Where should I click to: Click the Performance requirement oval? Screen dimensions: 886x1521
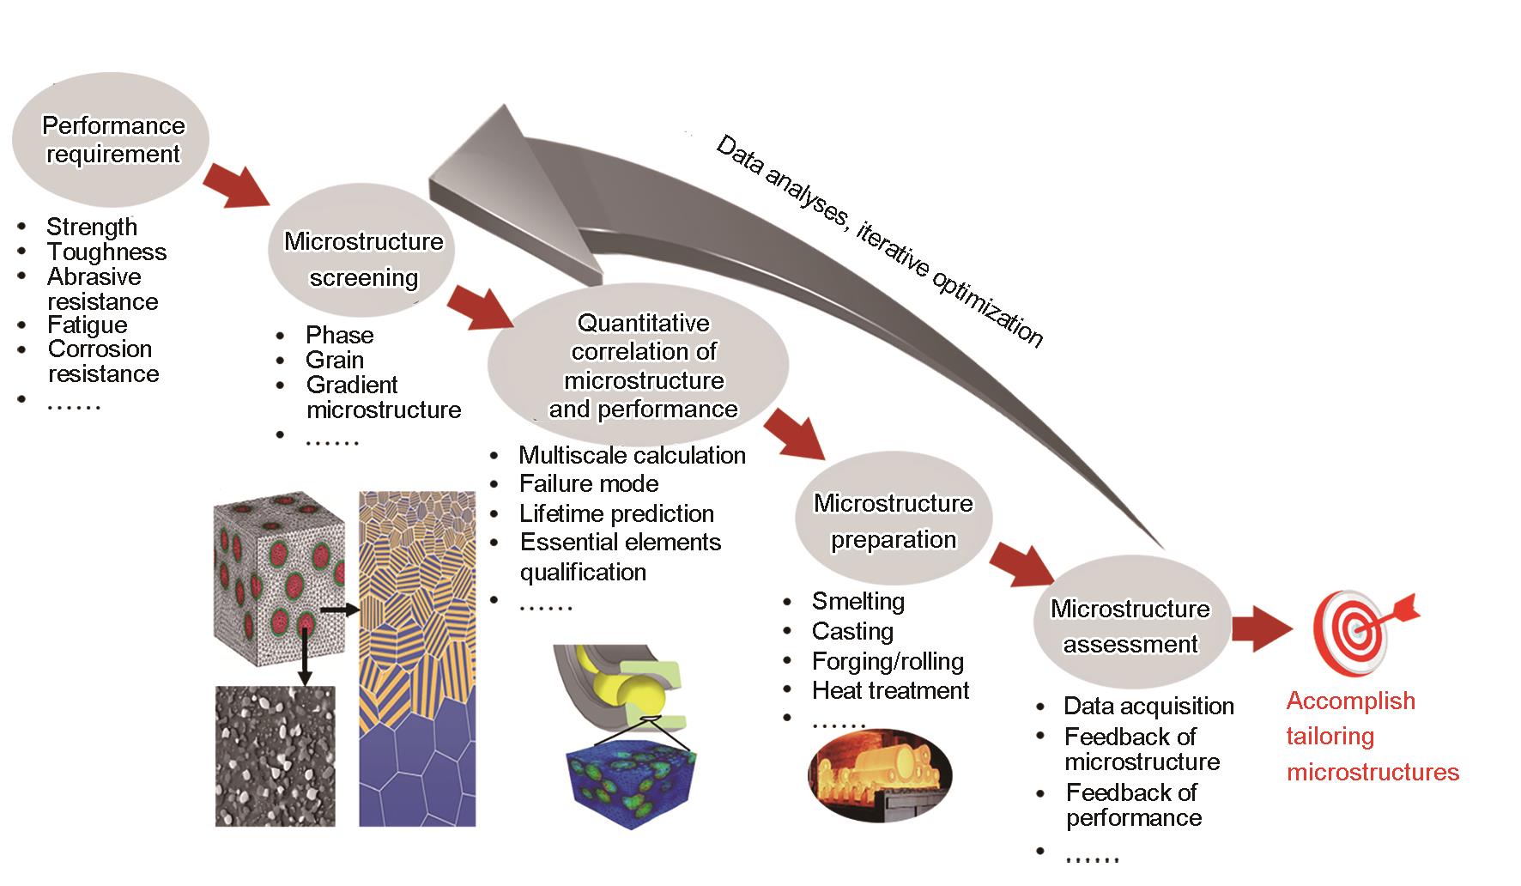point(112,139)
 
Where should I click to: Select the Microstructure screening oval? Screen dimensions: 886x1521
point(362,258)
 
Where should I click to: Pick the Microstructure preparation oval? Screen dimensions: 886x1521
point(893,520)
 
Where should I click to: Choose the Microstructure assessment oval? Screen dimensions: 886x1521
point(1130,626)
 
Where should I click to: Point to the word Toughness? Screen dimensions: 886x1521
point(106,252)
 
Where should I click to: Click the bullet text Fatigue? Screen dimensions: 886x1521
point(87,325)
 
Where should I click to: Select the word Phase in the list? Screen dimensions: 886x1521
point(339,335)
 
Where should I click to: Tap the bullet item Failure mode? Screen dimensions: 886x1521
point(589,483)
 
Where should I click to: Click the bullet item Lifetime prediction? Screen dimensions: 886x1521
point(616,513)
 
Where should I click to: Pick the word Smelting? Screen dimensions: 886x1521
point(857,601)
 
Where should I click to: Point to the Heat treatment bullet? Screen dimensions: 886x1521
point(890,690)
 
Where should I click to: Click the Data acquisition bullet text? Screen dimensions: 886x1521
point(1148,706)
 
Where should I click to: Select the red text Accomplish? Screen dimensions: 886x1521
point(1350,701)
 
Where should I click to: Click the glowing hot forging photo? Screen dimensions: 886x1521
point(880,774)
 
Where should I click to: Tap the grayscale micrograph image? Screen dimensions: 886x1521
point(275,756)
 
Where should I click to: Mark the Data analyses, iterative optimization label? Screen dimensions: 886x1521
point(879,241)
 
